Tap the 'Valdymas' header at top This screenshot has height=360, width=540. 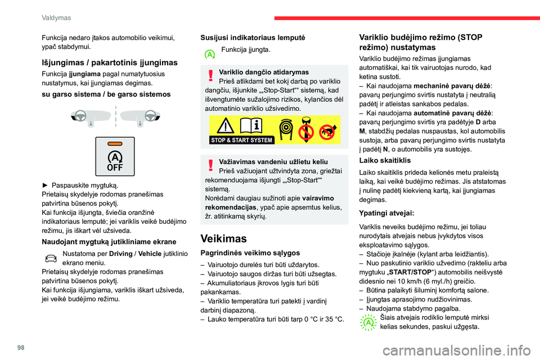(x=56, y=17)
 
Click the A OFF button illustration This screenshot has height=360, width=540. (x=115, y=156)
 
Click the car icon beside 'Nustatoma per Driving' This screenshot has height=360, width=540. (x=51, y=258)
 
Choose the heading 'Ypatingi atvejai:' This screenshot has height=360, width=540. (x=387, y=213)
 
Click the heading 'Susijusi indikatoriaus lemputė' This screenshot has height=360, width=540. (x=253, y=37)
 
